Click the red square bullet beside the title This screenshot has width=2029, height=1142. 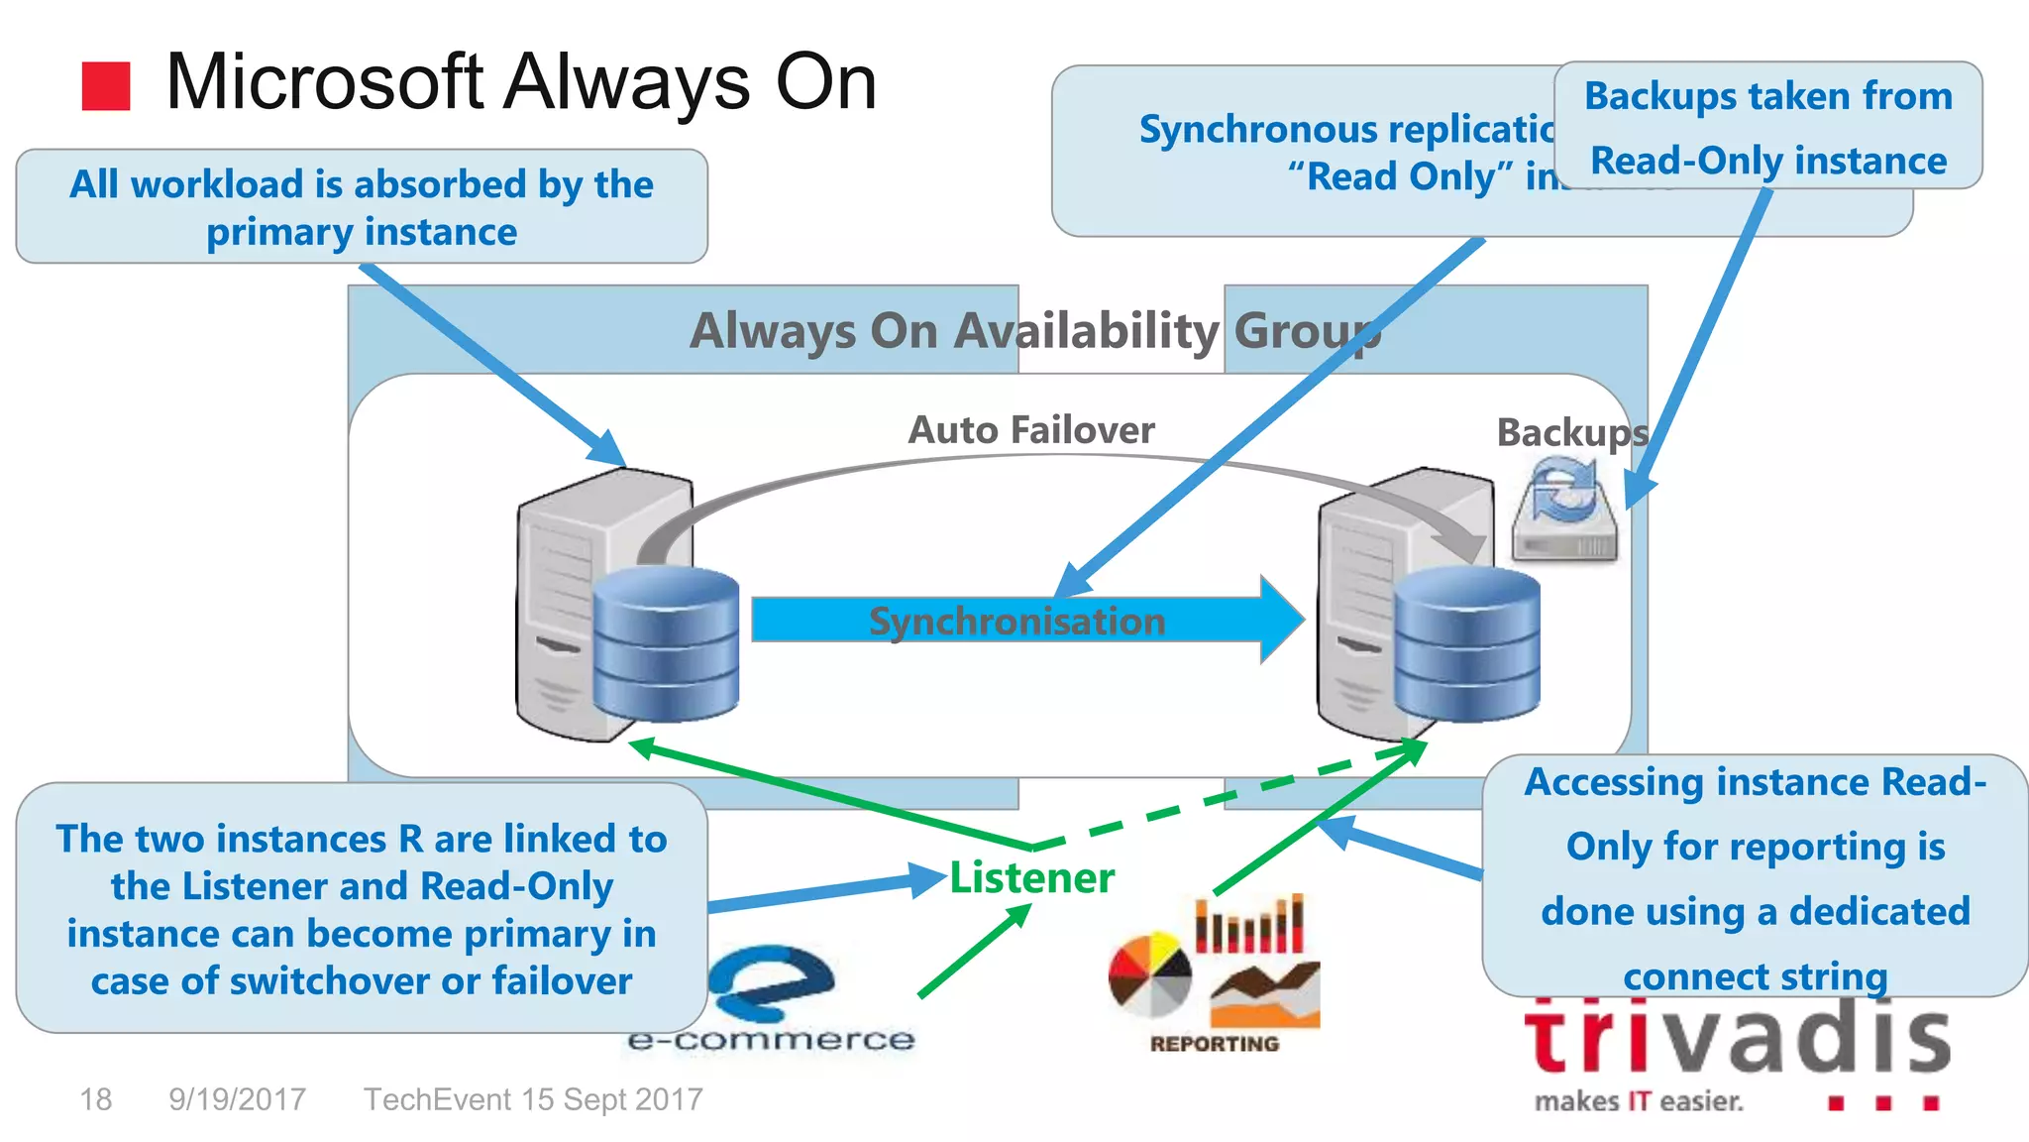(x=106, y=86)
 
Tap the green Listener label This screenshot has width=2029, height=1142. (x=1031, y=878)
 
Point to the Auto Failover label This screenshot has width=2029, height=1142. (x=1031, y=430)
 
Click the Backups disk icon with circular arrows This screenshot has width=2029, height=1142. (x=1564, y=510)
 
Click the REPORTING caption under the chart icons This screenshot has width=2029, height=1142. (x=1215, y=1044)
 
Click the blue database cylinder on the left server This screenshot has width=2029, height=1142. (x=666, y=643)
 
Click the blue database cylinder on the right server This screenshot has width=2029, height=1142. (x=1466, y=643)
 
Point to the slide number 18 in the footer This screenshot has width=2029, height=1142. (x=95, y=1099)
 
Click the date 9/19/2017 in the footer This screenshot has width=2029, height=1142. (x=237, y=1099)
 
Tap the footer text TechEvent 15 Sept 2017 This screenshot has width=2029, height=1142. (x=533, y=1099)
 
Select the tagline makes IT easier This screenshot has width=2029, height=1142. (x=1639, y=1101)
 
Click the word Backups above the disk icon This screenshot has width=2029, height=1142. (x=1571, y=432)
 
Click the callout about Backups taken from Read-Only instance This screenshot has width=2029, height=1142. (x=1768, y=127)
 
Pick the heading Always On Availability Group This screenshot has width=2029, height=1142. (x=1034, y=331)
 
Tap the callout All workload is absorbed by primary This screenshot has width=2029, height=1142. (x=362, y=207)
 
